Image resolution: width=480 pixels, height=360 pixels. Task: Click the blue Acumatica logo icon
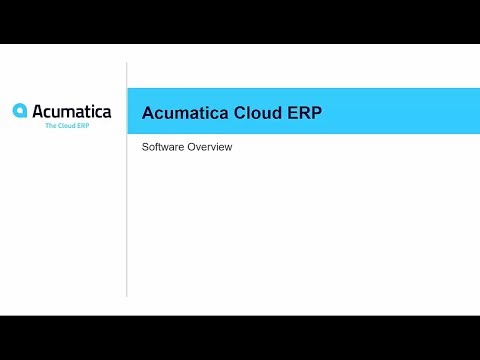20,110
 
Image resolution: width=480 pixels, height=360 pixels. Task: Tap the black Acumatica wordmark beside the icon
72,111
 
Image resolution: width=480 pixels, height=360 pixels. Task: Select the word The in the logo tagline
51,126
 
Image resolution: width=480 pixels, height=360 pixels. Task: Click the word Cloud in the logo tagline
67,126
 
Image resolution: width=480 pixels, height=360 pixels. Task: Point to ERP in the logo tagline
83,126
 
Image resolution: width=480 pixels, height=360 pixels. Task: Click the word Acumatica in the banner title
185,113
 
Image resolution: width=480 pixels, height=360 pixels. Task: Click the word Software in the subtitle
163,147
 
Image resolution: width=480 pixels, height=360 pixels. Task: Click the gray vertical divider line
127,179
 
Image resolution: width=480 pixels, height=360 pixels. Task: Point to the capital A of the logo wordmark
39,111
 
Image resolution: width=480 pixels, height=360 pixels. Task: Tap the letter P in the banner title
316,113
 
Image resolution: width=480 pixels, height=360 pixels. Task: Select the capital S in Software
145,147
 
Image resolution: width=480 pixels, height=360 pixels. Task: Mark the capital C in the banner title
240,113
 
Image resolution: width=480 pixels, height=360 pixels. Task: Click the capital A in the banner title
149,113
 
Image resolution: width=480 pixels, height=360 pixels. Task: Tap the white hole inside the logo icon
21,111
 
